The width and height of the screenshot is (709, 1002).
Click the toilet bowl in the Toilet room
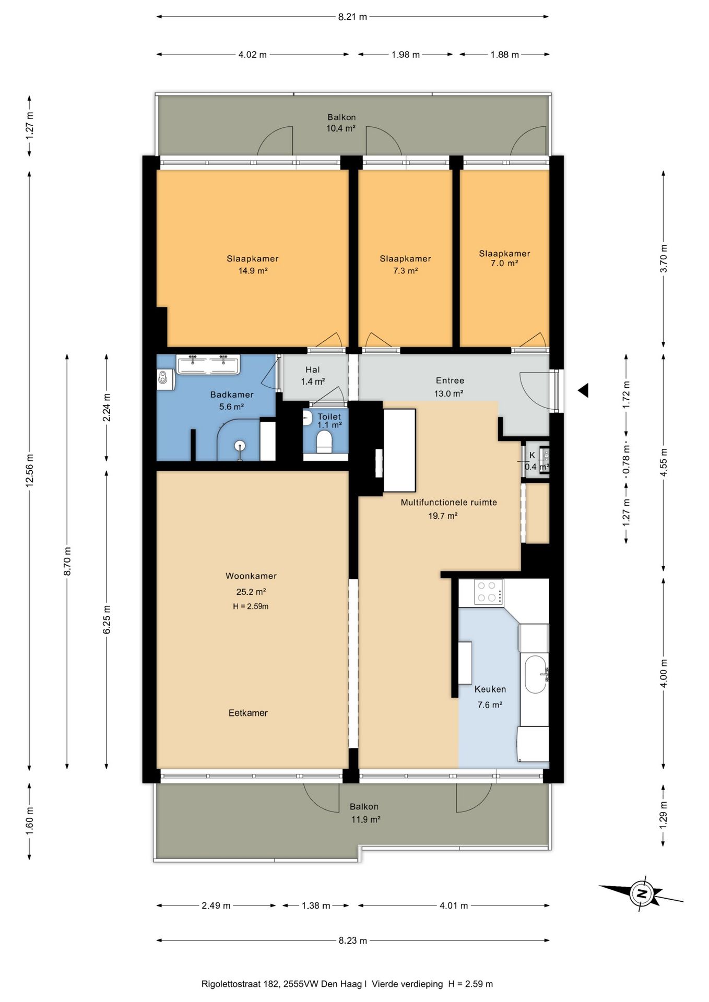324,442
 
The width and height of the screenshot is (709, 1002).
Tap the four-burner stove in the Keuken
489,592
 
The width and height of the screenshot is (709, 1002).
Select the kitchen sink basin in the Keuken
535,674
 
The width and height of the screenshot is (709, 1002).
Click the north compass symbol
642,894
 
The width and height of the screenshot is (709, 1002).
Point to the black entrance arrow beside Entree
583,390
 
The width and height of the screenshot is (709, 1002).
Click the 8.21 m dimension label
352,17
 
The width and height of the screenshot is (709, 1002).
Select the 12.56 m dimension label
29,471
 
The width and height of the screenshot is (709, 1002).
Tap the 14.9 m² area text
253,271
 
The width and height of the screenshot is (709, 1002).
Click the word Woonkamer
251,576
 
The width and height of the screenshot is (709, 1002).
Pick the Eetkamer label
248,713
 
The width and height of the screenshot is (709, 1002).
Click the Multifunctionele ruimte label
448,503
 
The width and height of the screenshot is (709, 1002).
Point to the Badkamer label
232,395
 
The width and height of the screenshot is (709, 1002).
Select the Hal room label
313,369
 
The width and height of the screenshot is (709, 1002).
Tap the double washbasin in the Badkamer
208,364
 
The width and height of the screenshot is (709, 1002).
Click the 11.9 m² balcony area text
365,819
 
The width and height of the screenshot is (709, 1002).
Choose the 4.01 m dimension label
453,905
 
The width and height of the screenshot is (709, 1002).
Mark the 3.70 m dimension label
664,259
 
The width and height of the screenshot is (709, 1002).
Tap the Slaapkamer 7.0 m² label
504,258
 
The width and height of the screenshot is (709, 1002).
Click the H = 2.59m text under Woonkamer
251,606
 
